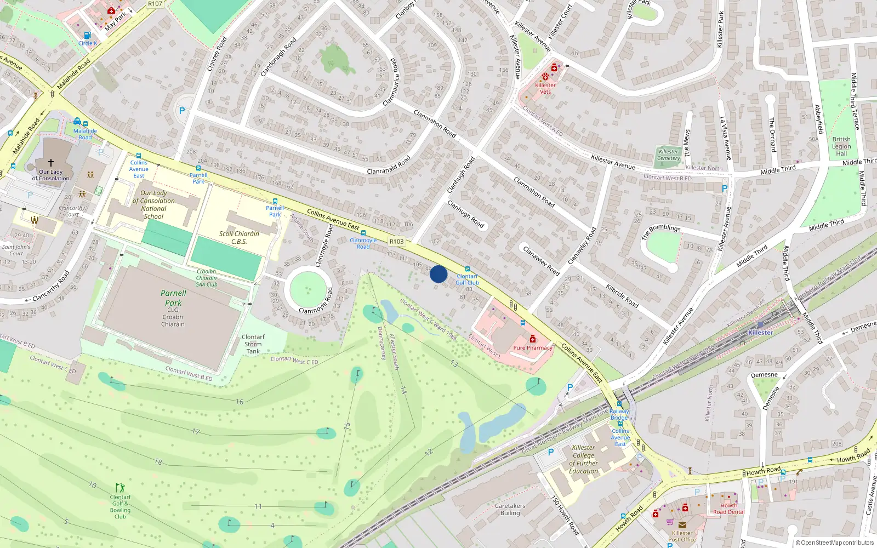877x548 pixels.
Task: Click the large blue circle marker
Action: (x=438, y=274)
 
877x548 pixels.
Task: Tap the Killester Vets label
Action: (x=545, y=88)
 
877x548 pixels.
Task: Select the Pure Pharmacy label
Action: (x=532, y=347)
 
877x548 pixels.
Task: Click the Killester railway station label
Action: (x=760, y=333)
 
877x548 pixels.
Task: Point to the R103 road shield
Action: (x=396, y=241)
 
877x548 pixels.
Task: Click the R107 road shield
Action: (x=155, y=4)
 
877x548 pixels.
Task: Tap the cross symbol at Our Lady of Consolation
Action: (x=51, y=163)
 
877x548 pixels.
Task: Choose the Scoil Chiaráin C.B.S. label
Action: (x=239, y=237)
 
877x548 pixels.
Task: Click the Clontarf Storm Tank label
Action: (x=253, y=344)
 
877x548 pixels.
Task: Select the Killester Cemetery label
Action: (x=668, y=155)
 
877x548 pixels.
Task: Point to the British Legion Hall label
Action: (x=841, y=146)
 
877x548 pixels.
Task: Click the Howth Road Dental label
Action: (x=728, y=509)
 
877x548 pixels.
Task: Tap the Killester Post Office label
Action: (x=682, y=536)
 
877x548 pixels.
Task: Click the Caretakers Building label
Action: (x=510, y=510)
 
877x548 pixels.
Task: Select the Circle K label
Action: (x=87, y=43)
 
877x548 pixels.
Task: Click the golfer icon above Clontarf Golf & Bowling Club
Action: (x=119, y=488)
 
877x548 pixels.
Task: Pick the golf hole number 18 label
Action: (x=158, y=462)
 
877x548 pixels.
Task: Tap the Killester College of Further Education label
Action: (x=583, y=459)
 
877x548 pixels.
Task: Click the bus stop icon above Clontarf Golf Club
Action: (x=467, y=269)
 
